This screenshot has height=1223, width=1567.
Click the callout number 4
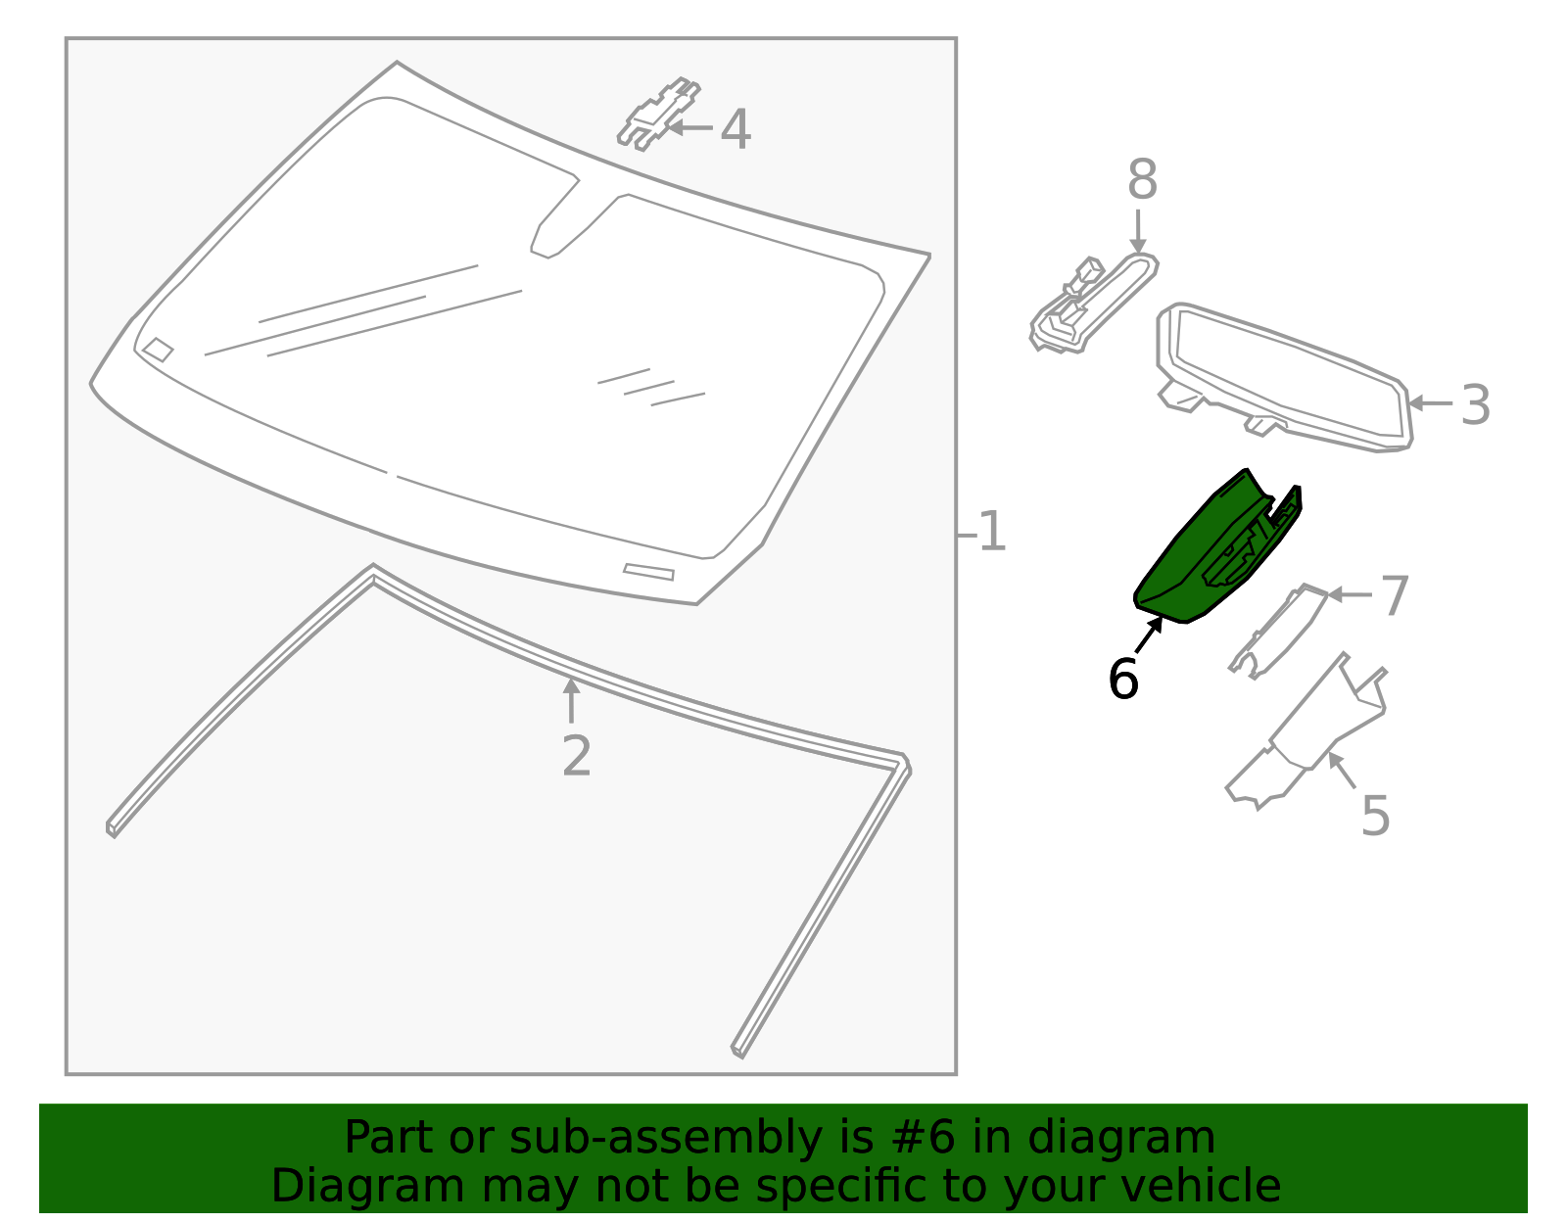[x=736, y=130]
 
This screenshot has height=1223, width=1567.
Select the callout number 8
[x=1142, y=182]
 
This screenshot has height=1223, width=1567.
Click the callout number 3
[x=1475, y=405]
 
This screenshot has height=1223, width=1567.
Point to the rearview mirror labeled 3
[x=1283, y=377]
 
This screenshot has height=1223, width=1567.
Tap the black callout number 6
[x=1123, y=680]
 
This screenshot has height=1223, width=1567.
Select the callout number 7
[x=1395, y=596]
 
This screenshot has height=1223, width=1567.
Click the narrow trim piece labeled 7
[x=1278, y=632]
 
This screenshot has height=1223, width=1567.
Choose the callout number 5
[x=1375, y=817]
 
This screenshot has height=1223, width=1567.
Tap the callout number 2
[x=577, y=757]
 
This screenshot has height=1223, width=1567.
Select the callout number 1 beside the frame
[x=992, y=533]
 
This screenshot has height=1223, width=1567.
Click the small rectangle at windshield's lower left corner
[x=158, y=350]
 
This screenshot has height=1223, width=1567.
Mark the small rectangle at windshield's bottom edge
[x=648, y=572]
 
